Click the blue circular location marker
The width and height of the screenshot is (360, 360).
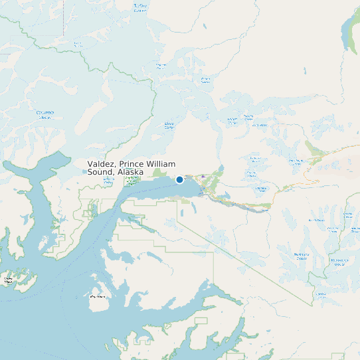pos(179,179)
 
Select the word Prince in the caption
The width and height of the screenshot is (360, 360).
pos(133,164)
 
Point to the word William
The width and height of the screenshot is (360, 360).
pos(161,164)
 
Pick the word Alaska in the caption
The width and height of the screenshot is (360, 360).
pos(132,172)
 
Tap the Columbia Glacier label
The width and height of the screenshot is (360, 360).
pos(45,114)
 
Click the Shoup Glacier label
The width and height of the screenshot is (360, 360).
pos(169,124)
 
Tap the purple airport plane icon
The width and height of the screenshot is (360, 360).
pos(203,177)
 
